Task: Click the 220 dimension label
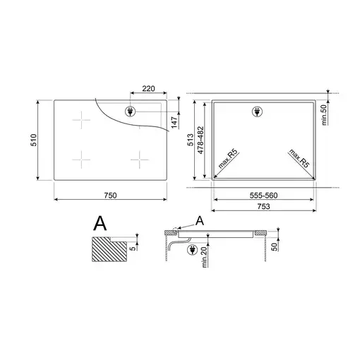coord(148,88)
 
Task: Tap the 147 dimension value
coord(174,122)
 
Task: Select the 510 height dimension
coord(33,140)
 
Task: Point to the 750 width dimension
coord(110,196)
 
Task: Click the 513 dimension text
coord(190,140)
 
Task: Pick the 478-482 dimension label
coord(200,140)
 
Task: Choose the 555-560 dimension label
coord(263,196)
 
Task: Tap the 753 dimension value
coord(263,206)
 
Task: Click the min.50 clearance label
coord(324,115)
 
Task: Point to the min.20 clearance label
coord(204,257)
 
